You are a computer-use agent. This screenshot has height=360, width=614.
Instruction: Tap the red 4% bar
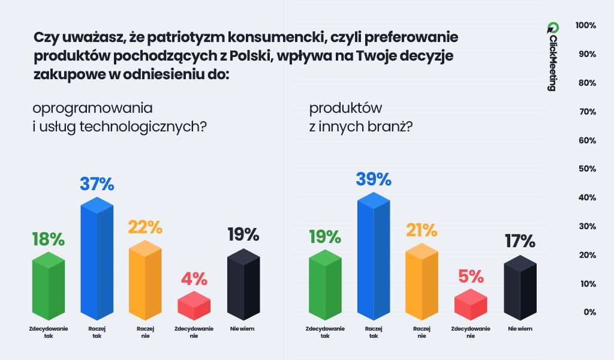[x=194, y=305]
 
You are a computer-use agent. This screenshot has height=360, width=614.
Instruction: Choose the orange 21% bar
[x=422, y=280]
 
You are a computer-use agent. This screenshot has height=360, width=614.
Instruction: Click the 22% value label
[x=145, y=227]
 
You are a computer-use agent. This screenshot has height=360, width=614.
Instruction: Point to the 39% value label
[x=374, y=179]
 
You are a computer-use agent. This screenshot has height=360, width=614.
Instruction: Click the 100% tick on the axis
[x=585, y=25]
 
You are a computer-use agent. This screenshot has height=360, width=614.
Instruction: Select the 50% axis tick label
[x=585, y=169]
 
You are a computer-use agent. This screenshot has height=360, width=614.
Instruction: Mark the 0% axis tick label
[x=589, y=312]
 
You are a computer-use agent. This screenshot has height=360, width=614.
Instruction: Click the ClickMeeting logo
[x=552, y=57]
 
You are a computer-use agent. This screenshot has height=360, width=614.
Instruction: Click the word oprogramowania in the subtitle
[x=93, y=109]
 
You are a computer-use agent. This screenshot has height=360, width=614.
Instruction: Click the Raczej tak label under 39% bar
[x=374, y=332]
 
